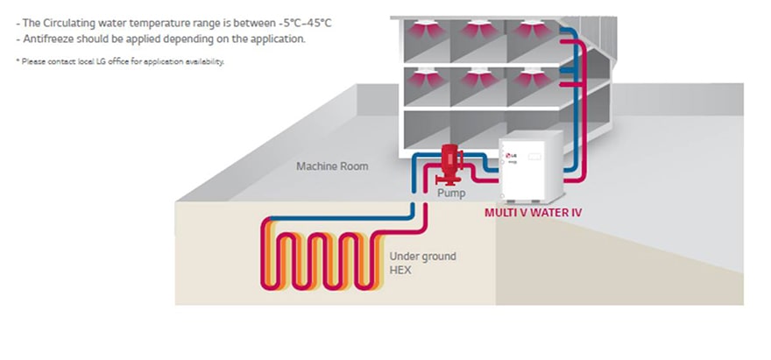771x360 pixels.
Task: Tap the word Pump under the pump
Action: point(452,192)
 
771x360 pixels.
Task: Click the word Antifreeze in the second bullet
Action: point(47,39)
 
